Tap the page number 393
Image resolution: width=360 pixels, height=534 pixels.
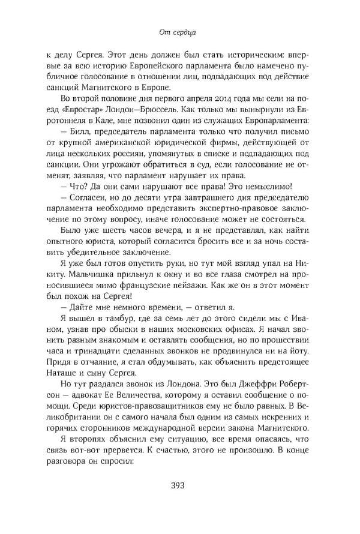179,485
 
